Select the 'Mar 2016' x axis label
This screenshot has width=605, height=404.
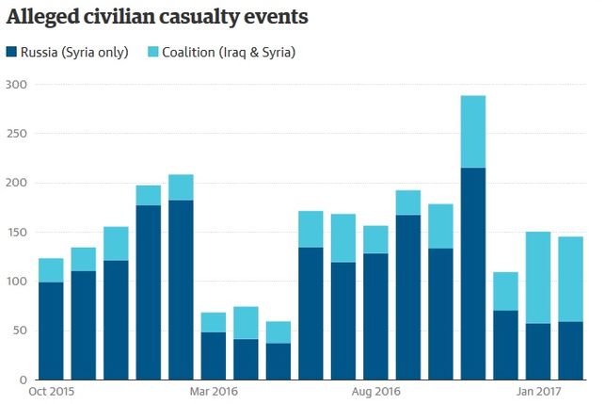[x=213, y=391]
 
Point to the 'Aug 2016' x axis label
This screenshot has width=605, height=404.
[x=376, y=391]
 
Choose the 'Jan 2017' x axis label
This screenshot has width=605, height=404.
[x=539, y=391]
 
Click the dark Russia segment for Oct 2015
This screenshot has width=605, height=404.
[x=52, y=331]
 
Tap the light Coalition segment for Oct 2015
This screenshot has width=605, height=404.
[x=52, y=270]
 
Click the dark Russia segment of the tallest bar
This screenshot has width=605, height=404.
[x=474, y=274]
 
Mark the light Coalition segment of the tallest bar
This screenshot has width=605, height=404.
[x=474, y=132]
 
